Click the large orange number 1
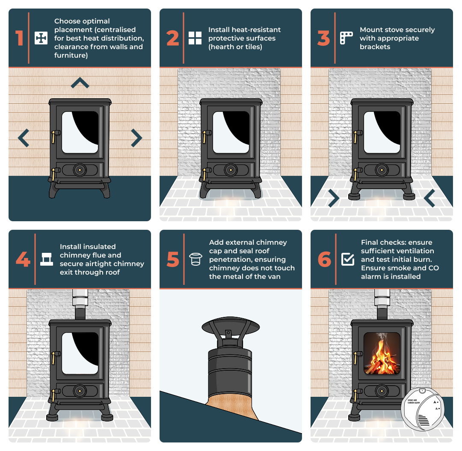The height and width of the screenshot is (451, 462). point(19,38)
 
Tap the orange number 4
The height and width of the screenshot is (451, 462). point(23,259)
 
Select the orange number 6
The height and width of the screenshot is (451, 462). point(325,259)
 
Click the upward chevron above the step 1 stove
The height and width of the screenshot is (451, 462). point(80,83)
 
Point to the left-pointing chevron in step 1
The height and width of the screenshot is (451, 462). point(24,138)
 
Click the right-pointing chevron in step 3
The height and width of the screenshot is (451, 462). point(333,197)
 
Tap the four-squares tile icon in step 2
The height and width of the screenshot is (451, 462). point(195,38)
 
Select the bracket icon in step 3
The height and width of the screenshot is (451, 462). point(346,38)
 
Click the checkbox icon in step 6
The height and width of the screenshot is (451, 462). point(348,259)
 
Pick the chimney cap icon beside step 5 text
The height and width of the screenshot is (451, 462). point(195,259)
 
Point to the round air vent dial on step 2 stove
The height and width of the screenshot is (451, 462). point(231,170)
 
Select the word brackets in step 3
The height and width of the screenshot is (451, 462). point(375,47)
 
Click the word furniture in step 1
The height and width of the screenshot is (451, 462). point(71,56)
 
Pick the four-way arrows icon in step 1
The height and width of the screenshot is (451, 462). point(41,38)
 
